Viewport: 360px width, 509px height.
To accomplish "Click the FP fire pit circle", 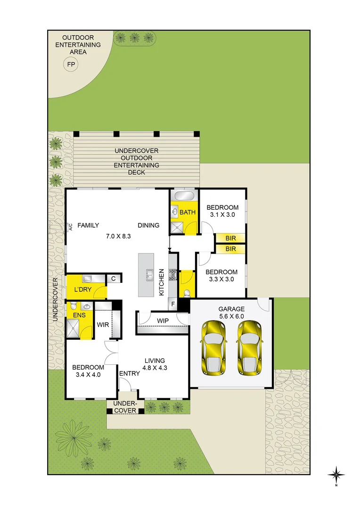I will tap(71, 65).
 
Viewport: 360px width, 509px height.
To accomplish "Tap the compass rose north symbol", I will tap(336, 475).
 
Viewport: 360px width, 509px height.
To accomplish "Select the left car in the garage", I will tap(214, 348).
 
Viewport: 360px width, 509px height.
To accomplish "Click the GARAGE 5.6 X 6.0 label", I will tap(231, 312).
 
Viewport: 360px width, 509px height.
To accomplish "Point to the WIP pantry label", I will tap(163, 320).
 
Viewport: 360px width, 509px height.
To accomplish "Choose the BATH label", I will tap(187, 213).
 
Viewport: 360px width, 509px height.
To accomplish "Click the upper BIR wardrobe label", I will tap(230, 238).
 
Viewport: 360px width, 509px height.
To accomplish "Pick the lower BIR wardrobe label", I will tap(230, 248).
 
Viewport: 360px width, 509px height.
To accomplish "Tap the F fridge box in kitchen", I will tap(173, 304).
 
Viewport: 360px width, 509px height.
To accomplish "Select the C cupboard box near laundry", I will tap(114, 279).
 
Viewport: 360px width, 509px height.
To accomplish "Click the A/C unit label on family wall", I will tap(70, 228).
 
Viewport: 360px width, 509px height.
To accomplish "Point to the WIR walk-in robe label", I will tap(103, 325).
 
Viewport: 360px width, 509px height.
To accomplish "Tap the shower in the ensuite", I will tap(74, 329).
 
